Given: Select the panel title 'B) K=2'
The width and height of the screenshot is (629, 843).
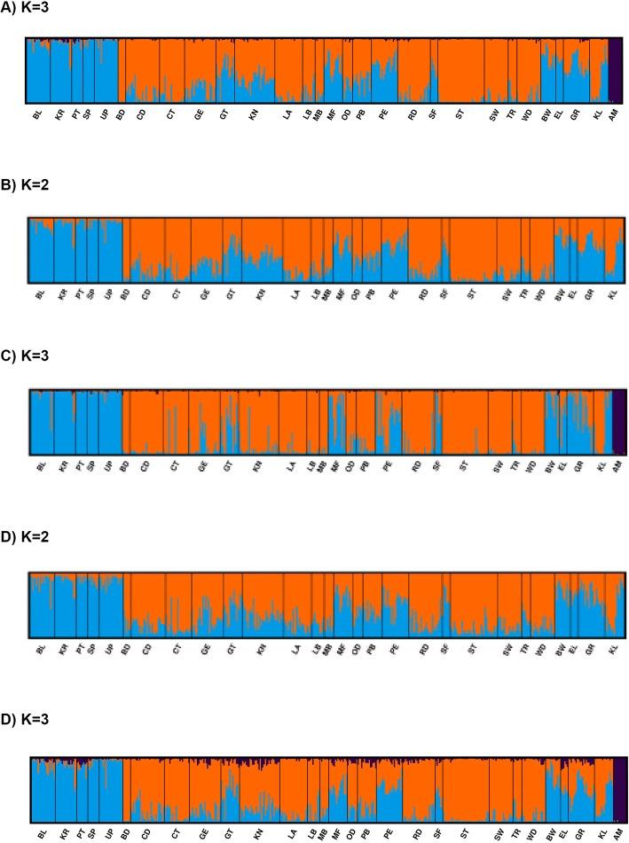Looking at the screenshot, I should pos(28,186).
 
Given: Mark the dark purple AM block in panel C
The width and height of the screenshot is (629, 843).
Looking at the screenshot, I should pos(618,422).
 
